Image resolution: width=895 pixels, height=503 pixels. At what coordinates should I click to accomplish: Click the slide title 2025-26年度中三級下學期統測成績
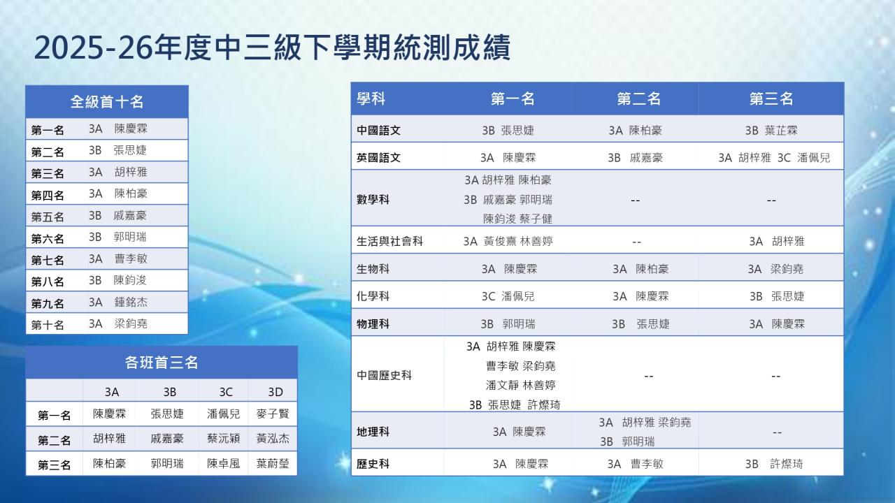[272, 48]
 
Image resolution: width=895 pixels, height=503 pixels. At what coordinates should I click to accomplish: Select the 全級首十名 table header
[107, 101]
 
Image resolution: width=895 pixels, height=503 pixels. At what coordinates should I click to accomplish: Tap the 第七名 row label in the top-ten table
[48, 261]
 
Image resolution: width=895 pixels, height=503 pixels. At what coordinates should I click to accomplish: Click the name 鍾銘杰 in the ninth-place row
[131, 302]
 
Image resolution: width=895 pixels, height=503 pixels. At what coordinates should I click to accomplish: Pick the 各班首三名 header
[162, 363]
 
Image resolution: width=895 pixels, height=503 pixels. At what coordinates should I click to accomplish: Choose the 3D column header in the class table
[275, 392]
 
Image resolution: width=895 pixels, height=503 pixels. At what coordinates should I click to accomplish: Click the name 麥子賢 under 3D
[273, 414]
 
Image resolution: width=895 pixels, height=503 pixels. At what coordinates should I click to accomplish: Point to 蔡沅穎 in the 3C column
[223, 439]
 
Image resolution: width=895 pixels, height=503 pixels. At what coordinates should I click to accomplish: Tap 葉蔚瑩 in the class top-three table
[273, 463]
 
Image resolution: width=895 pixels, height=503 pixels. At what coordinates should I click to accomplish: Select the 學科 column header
[371, 99]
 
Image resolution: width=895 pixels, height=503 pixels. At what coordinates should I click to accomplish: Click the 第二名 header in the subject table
[638, 99]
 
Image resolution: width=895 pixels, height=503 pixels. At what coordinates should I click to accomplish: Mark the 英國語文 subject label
[378, 158]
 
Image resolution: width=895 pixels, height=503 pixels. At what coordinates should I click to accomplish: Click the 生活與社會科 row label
[389, 241]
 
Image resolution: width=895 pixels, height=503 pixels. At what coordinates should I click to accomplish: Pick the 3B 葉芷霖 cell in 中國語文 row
[771, 131]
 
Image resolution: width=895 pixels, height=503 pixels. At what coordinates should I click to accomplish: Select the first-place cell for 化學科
[508, 296]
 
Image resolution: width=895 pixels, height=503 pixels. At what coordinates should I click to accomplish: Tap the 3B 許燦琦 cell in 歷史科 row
[774, 464]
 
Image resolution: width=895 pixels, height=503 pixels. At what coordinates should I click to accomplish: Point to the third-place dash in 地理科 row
[777, 432]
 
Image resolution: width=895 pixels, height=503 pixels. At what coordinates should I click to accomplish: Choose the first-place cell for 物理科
[508, 323]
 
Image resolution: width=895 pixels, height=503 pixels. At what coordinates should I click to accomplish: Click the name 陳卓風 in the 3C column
[223, 463]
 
